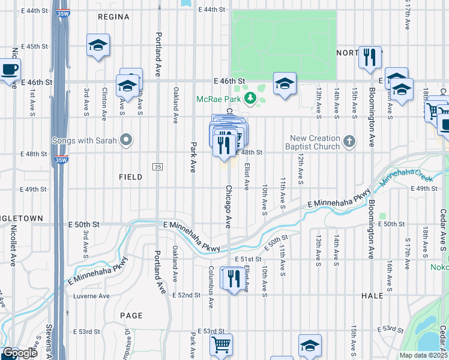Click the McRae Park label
[x=220, y=99]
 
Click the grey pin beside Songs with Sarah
[x=125, y=140]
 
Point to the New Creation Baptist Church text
[x=315, y=142]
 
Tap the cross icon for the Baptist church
[x=350, y=142]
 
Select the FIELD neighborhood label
[x=130, y=177]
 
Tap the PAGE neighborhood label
[x=131, y=316]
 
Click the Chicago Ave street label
[x=228, y=206]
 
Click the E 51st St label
[x=249, y=259]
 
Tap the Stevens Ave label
[x=49, y=339]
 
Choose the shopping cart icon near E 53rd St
[x=221, y=344]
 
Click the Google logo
[x=20, y=353]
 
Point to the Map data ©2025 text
[x=424, y=355]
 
